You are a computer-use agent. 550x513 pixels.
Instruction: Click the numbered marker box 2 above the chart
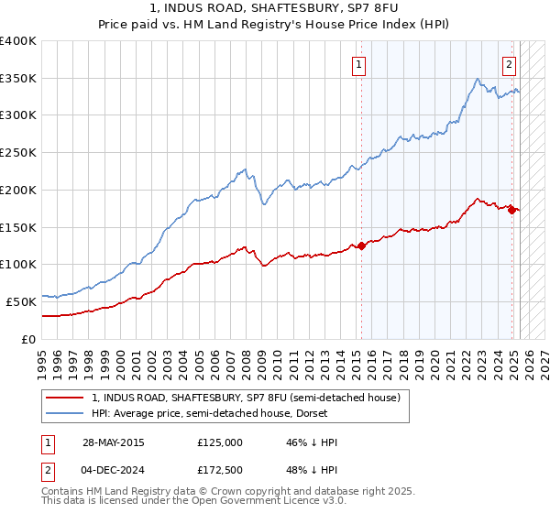tap(509, 64)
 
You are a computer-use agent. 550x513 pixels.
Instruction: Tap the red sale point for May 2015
tap(361, 245)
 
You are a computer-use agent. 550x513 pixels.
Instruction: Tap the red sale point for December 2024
tap(511, 209)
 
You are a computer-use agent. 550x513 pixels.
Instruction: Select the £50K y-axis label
tap(21, 300)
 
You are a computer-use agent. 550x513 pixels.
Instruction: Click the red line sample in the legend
tap(65, 398)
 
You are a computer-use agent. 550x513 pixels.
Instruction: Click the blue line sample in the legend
tap(65, 415)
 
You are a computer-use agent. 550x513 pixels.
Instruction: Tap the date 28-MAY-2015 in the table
tap(113, 442)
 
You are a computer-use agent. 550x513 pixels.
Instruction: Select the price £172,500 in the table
tap(219, 470)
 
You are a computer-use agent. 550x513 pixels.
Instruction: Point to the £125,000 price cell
tap(219, 442)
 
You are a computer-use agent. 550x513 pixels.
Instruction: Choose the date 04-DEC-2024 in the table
tap(113, 470)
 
